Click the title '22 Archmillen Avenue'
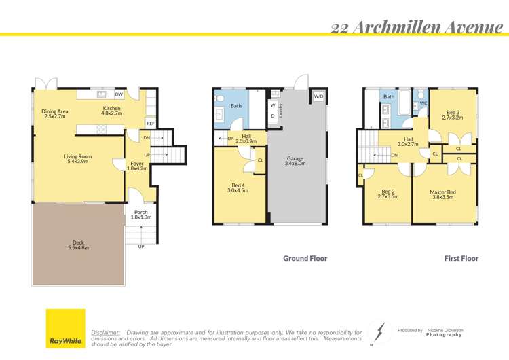417,27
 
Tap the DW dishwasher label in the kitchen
119,94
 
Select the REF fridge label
149,124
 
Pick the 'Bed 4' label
238,187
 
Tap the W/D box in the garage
318,96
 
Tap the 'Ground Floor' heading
305,258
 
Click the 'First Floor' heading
461,258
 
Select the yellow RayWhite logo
65,328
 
